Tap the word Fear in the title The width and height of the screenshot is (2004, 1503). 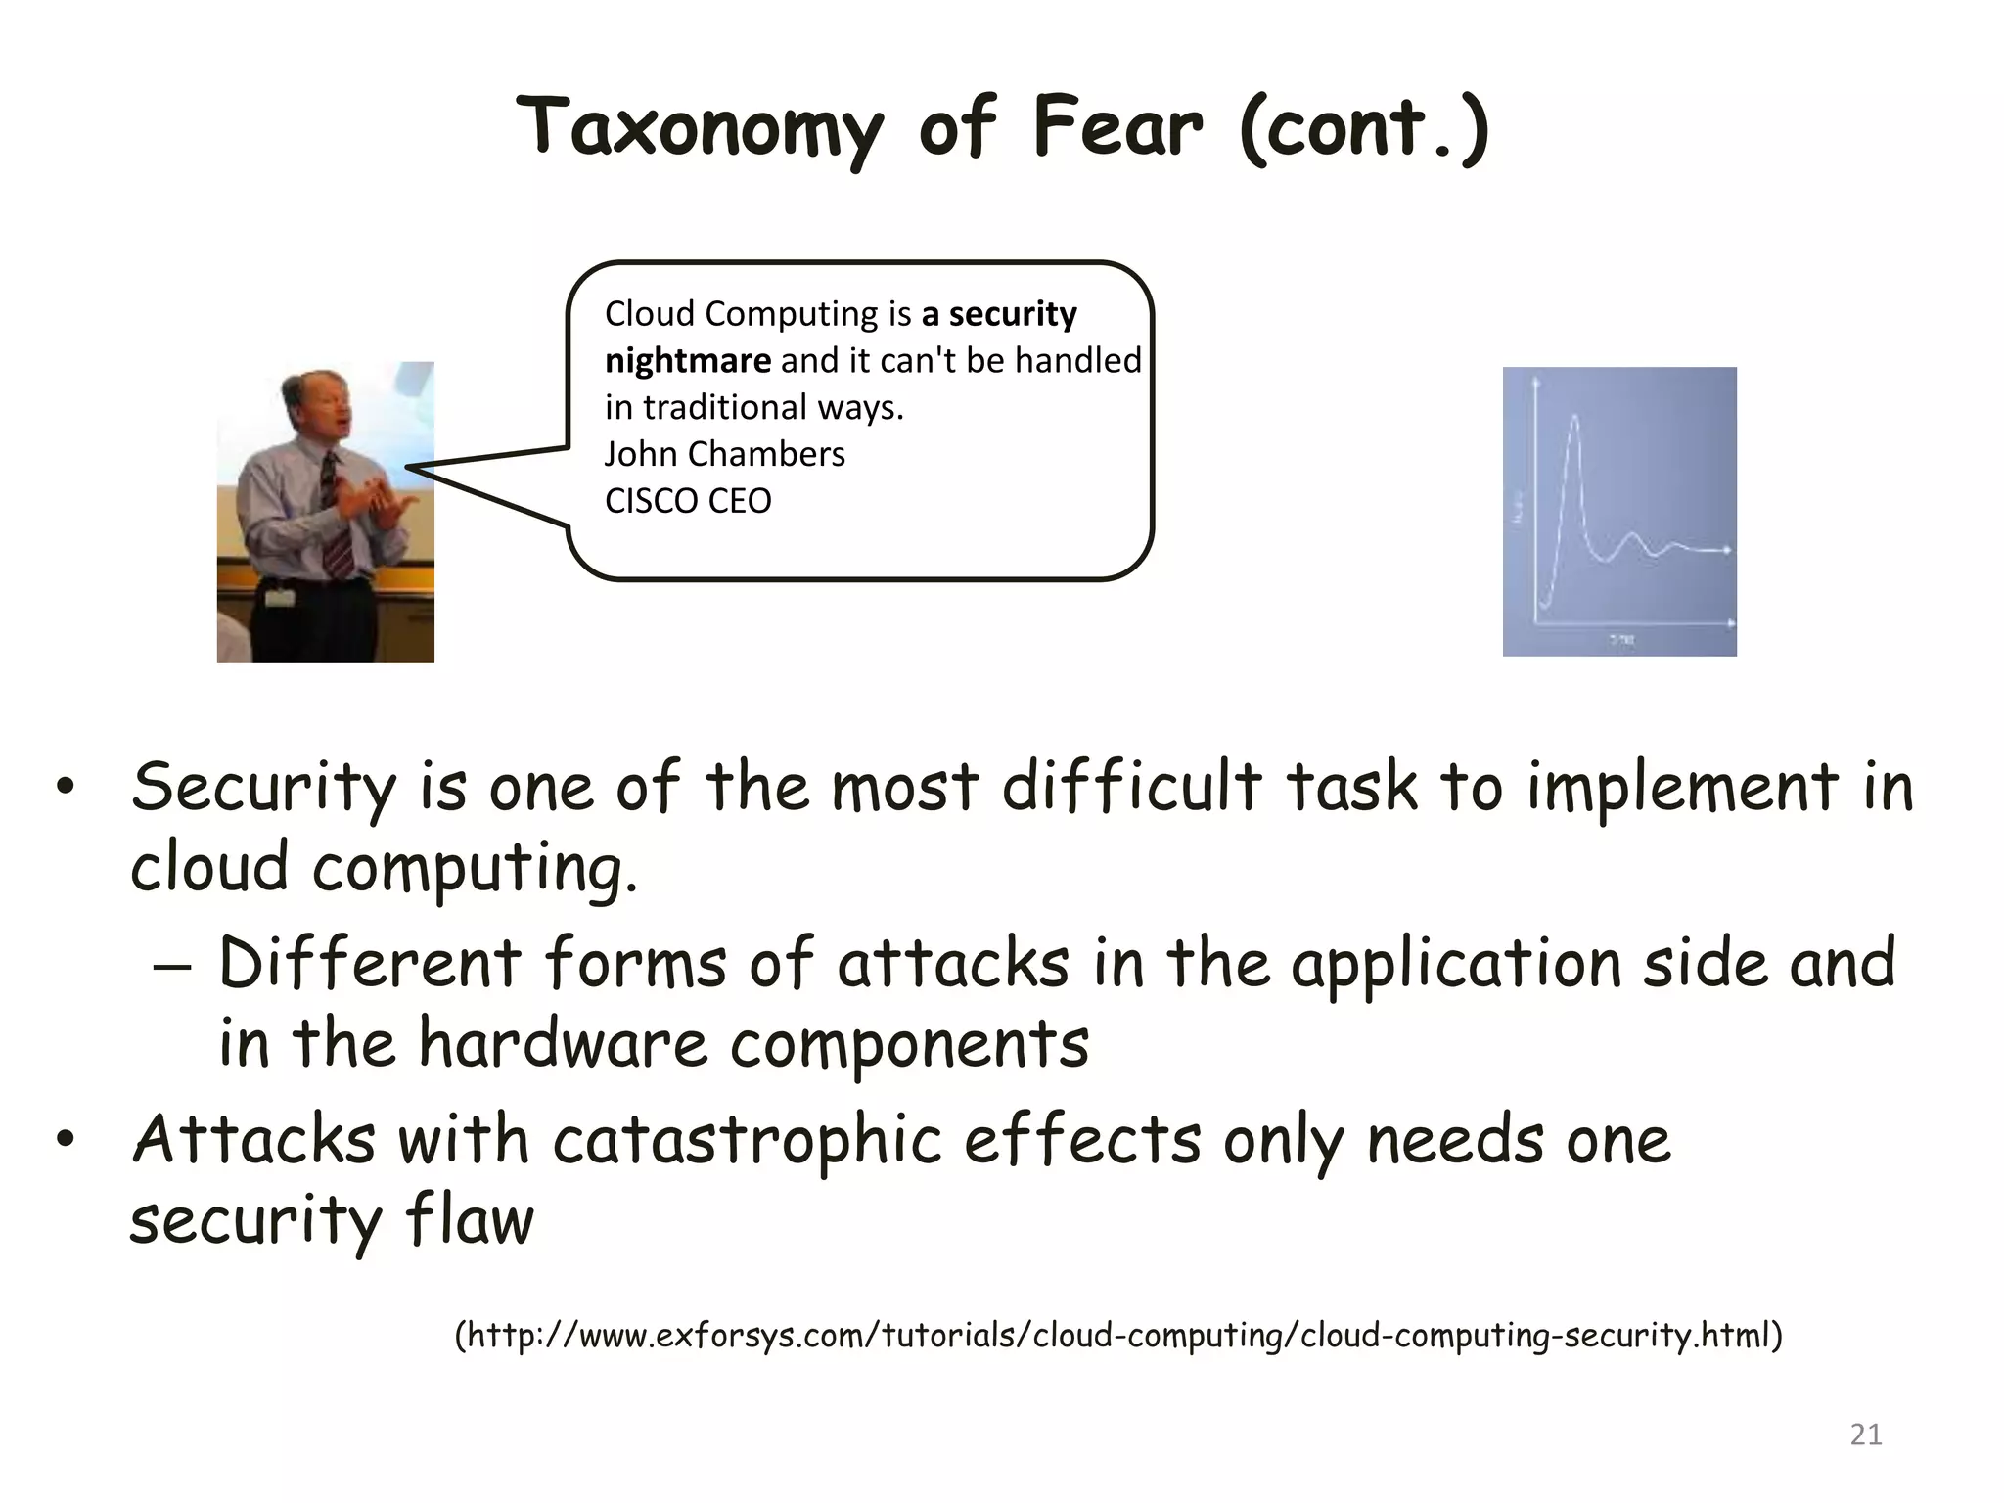pyautogui.click(x=1116, y=127)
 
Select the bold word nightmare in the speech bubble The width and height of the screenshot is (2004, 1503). pyautogui.click(x=687, y=361)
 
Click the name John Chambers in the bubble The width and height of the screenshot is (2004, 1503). pyautogui.click(x=724, y=454)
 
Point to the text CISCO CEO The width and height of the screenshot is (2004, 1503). pyautogui.click(x=688, y=501)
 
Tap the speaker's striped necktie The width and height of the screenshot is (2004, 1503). pyautogui.click(x=336, y=519)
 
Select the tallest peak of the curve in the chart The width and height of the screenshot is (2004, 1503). pyautogui.click(x=1574, y=418)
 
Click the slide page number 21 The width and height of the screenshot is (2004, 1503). pyautogui.click(x=1865, y=1435)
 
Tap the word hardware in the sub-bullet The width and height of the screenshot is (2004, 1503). pyautogui.click(x=563, y=1043)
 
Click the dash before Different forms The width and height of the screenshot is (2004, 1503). pyautogui.click(x=172, y=965)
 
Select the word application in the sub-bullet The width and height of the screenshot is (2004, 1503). pyautogui.click(x=1455, y=965)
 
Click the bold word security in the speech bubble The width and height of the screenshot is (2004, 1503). pyautogui.click(x=1013, y=314)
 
